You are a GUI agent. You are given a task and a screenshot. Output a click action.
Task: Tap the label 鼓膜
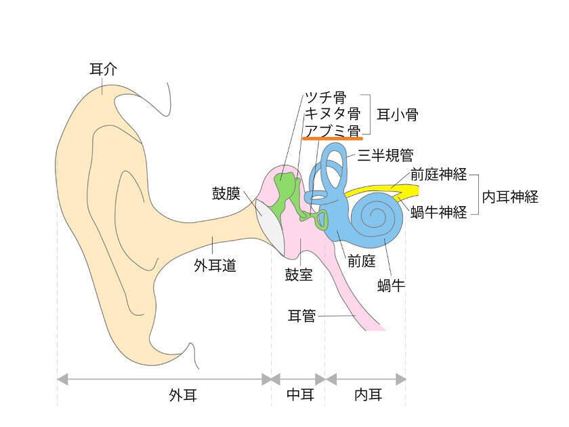tap(226, 194)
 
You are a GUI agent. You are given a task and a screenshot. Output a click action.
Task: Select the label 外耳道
tap(215, 266)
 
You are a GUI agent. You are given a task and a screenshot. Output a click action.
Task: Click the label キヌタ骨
tap(331, 113)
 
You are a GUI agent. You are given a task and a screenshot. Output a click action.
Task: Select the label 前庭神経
tap(438, 174)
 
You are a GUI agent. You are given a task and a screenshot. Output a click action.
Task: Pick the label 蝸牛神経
tap(438, 213)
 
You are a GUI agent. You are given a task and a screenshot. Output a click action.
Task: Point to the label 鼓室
tap(299, 276)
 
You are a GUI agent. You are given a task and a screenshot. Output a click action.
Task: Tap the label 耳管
tap(302, 316)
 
